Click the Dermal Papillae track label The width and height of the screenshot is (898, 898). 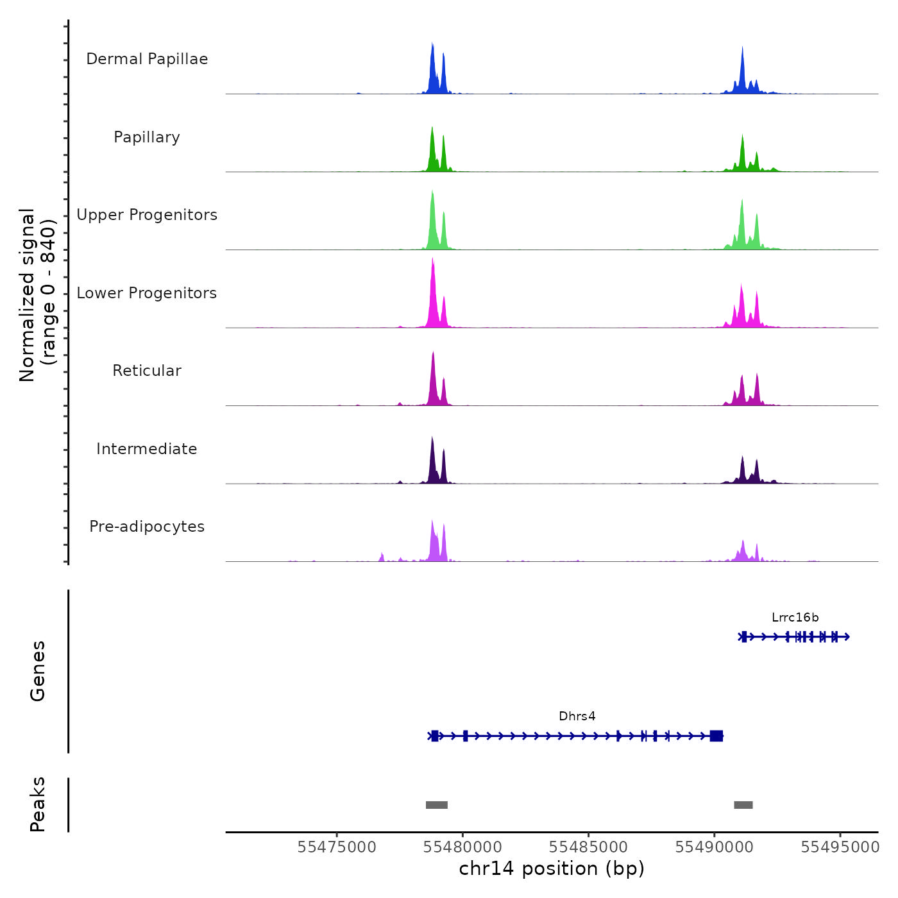click(x=147, y=59)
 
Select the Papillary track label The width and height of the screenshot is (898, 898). click(x=147, y=137)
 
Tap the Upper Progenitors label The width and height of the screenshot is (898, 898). click(x=147, y=215)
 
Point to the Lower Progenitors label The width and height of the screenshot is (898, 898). click(x=147, y=293)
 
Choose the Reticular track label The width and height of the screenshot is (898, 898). click(x=147, y=371)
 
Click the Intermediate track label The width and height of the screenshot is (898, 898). click(x=147, y=449)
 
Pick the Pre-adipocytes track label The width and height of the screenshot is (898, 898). click(x=147, y=527)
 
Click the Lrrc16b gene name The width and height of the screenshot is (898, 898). click(x=795, y=618)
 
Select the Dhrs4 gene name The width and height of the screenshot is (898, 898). click(x=577, y=716)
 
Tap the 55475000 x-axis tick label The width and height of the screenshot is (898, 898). click(x=337, y=847)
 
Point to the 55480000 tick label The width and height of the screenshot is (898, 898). click(x=462, y=847)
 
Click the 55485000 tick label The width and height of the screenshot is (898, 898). click(x=588, y=847)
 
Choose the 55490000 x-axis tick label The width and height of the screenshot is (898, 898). click(x=714, y=847)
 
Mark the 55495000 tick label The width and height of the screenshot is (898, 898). click(x=840, y=847)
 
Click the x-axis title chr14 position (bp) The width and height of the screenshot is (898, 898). click(x=552, y=868)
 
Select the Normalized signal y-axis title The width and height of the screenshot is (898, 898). click(x=37, y=295)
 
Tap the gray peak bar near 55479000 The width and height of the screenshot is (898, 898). click(x=437, y=805)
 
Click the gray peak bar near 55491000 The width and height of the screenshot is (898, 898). click(x=743, y=805)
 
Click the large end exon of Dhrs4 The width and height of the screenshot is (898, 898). click(x=716, y=736)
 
